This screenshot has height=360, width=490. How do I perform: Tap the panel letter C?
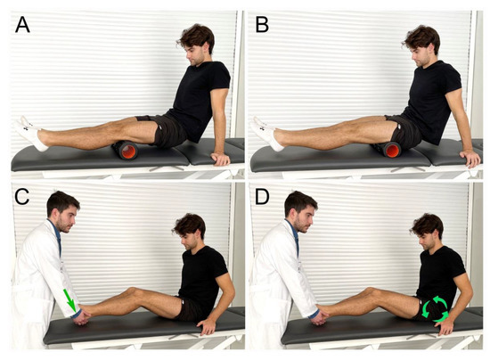22,199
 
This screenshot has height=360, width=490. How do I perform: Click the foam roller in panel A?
128,151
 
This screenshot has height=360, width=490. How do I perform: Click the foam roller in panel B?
392,148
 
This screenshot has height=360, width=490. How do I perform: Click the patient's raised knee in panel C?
132,292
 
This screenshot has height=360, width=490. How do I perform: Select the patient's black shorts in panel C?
187,309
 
